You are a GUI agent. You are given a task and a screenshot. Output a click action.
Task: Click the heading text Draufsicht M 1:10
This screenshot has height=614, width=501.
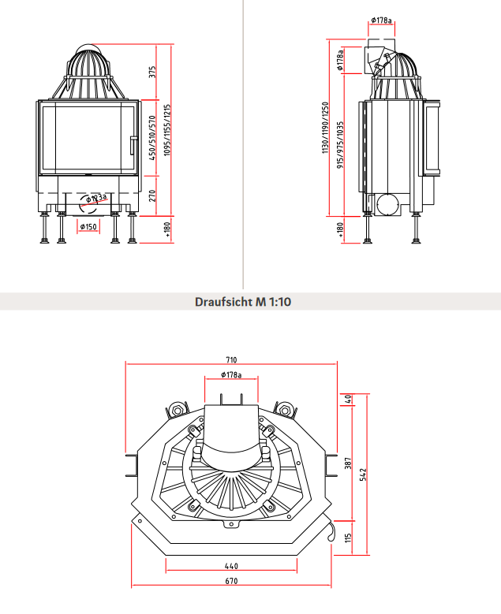coord(243,302)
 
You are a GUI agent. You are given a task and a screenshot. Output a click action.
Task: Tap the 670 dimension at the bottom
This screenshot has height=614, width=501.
coord(230,581)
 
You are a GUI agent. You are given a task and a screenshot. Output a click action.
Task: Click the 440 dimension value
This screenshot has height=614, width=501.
coord(230,566)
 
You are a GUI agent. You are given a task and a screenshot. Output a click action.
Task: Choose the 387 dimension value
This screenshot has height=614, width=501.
coord(348,463)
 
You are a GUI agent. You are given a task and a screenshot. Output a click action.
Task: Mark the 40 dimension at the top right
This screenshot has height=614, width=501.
coord(348,398)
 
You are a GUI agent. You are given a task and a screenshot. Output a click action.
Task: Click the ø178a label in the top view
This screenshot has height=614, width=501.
coord(231,374)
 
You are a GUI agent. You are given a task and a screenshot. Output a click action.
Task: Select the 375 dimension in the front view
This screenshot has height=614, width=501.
coord(152,73)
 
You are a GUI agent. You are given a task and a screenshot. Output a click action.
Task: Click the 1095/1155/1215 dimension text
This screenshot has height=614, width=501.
coord(167,129)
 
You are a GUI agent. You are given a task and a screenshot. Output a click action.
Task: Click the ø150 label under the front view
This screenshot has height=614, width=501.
coord(88,227)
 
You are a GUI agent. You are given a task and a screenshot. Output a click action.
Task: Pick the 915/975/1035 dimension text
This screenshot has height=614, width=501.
coord(340,145)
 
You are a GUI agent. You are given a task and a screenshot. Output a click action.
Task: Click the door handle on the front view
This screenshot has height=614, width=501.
coord(131,145)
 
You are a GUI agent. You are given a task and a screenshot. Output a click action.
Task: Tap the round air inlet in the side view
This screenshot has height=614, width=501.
coord(387,204)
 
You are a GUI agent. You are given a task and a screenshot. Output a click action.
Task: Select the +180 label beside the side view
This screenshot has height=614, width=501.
coord(340,229)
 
